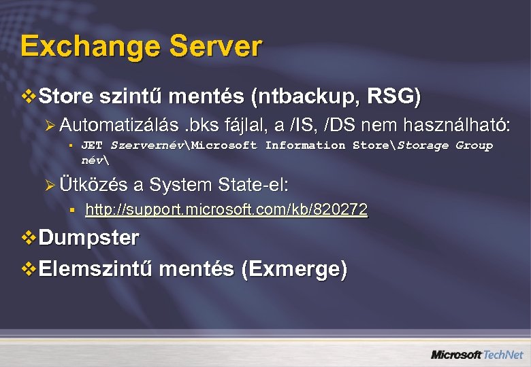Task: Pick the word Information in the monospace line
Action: (305, 145)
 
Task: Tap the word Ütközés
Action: (93, 185)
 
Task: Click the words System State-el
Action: (219, 185)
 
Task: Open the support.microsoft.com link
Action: (226, 210)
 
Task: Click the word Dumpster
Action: (89, 238)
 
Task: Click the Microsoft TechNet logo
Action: (477, 355)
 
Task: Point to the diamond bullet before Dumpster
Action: (29, 238)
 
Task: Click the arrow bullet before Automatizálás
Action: (53, 125)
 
